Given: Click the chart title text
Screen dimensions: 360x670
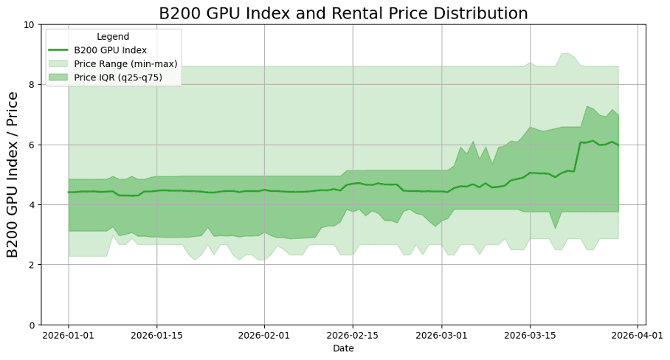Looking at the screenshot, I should pos(344,13).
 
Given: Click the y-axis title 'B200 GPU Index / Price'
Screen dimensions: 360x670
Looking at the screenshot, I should pos(13,175).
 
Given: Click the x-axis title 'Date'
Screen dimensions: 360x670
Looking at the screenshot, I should pos(343,348).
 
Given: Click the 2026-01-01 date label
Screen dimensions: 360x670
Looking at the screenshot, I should pos(69,335).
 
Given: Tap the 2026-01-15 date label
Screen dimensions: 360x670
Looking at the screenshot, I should pos(156,335).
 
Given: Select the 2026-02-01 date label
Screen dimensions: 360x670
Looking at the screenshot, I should pos(264,335).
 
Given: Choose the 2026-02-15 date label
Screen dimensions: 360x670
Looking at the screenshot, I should pos(352,335).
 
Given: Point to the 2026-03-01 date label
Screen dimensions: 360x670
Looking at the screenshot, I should pos(441,335).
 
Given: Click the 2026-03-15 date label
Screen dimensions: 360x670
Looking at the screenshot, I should pos(530,335).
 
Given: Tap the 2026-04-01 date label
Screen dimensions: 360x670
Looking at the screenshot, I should pos(638,335).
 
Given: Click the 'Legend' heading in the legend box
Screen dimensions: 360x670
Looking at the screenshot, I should pos(113,37).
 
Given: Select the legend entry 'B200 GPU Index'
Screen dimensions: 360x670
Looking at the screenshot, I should pos(110,50).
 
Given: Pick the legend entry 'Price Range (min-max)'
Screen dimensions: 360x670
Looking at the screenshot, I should pos(125,63).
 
